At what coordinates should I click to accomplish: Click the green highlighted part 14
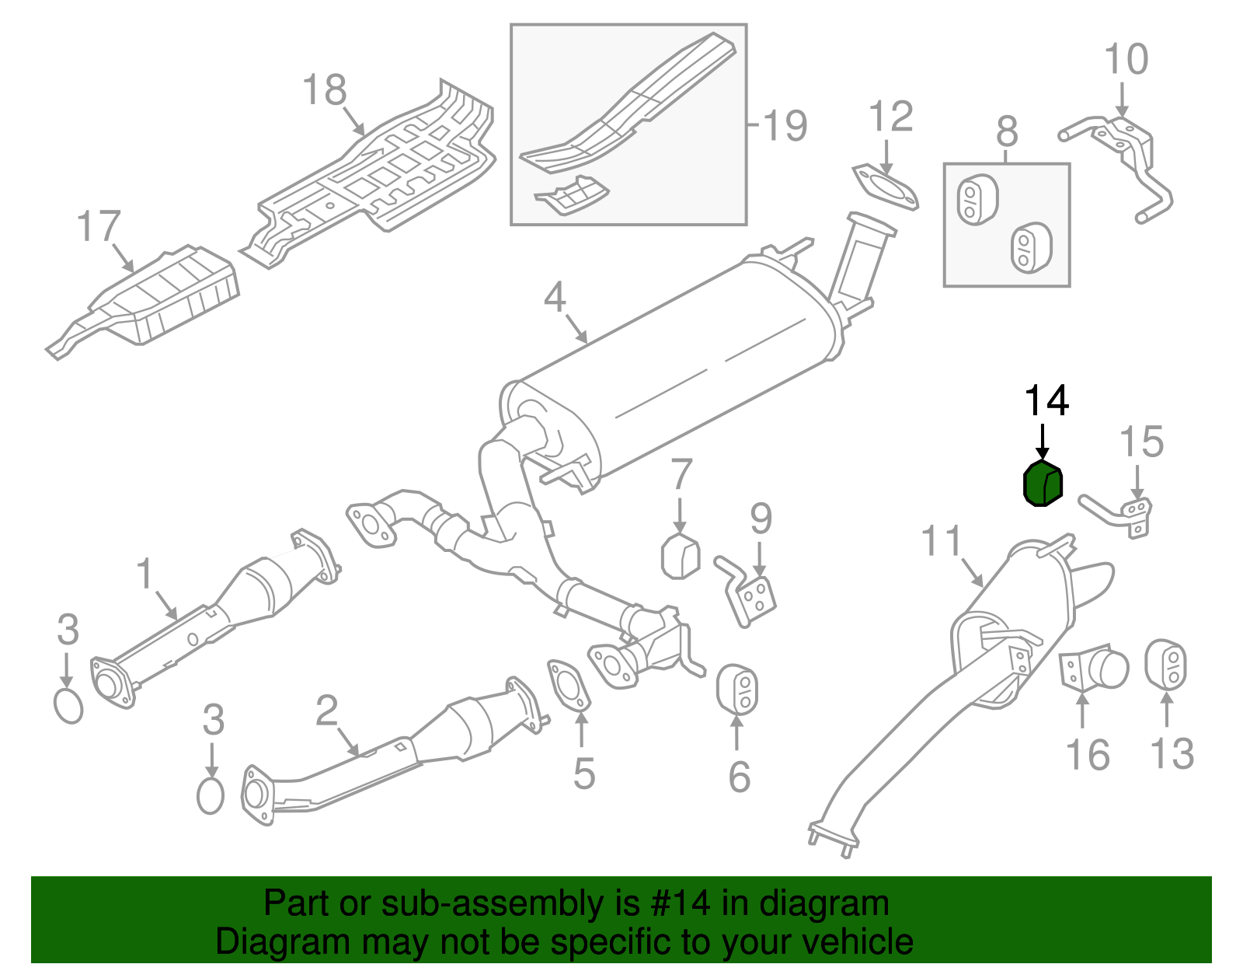[1041, 484]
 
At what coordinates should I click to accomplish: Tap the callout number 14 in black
[1046, 400]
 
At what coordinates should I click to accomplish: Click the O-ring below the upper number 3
[68, 705]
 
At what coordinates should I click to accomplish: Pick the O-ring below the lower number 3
[210, 795]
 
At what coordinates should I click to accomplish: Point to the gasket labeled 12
[886, 187]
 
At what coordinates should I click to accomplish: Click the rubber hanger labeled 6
[736, 689]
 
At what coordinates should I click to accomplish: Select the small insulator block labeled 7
[680, 557]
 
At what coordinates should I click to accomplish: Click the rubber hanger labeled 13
[1165, 665]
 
